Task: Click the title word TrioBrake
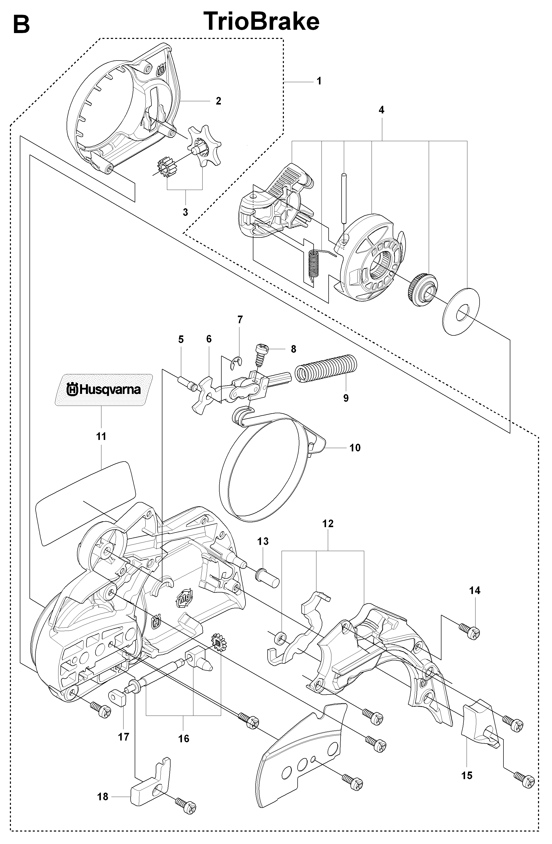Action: point(262,21)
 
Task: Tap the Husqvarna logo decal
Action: point(103,390)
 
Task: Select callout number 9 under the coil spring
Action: point(346,398)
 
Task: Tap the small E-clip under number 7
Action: point(236,364)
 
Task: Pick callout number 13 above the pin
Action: point(263,541)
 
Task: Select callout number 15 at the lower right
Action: point(467,776)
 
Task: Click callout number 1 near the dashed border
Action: point(319,81)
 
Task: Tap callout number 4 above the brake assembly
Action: point(381,110)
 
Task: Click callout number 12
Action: point(328,523)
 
